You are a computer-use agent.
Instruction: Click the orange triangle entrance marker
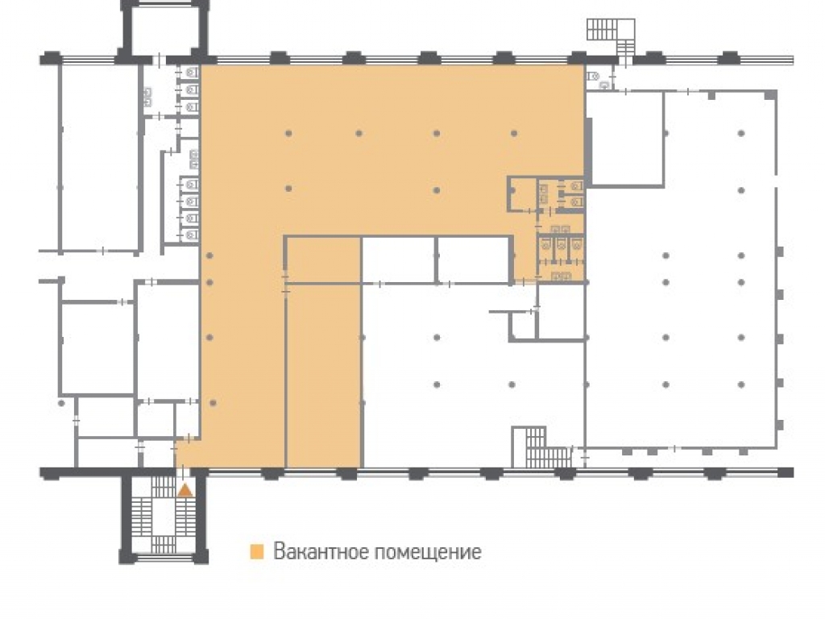point(184,491)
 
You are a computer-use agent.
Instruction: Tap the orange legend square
point(257,551)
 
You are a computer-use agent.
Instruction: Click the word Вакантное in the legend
point(322,551)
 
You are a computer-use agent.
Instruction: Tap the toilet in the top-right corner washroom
point(594,77)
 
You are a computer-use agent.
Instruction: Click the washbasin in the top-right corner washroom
point(606,84)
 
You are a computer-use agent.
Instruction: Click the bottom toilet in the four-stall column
point(192,235)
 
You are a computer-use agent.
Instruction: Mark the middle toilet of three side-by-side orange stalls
point(562,243)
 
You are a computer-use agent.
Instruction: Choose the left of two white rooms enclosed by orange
point(398,260)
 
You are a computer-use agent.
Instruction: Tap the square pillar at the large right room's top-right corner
point(771,95)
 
